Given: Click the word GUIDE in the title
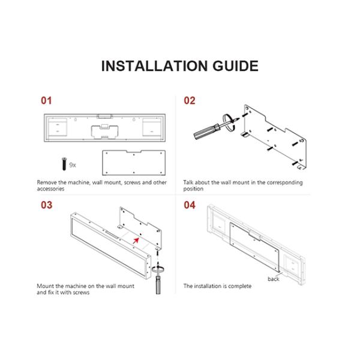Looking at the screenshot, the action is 236,66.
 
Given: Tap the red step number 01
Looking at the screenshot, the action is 46,101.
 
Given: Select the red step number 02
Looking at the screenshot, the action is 190,101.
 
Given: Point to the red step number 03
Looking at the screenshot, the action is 47,205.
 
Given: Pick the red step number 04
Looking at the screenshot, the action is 190,205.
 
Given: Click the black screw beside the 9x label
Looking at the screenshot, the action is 64,164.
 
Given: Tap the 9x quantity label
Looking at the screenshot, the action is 73,165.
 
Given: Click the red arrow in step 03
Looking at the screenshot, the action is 136,241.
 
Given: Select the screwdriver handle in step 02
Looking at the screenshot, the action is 206,131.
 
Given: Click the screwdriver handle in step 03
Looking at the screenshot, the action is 158,284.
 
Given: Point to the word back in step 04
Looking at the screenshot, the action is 273,279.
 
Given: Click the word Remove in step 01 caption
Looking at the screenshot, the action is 47,182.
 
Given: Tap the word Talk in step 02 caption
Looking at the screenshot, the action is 188,182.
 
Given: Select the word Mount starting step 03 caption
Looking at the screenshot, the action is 46,286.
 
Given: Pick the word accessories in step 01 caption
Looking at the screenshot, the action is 50,189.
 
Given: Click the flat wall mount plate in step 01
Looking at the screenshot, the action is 134,163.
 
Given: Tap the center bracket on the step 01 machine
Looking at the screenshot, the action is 104,131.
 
